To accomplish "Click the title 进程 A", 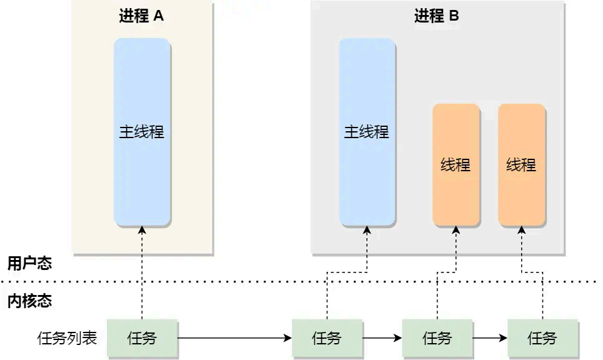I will point(141,16).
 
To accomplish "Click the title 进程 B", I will point(436,16).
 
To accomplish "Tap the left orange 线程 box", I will point(456,165).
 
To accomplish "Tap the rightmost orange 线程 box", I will point(522,165).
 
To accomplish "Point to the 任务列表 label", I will point(67,339).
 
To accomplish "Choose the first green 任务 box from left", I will point(142,339).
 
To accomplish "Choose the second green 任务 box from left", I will point(327,339).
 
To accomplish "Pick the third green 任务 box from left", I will point(437,339).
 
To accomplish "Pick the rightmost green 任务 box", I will point(542,339).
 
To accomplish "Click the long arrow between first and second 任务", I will point(235,339).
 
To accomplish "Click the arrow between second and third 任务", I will point(382,339).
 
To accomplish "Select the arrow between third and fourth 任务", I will point(490,339).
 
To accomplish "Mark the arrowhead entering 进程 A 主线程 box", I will point(142,230).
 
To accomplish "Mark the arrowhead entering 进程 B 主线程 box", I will point(367,230).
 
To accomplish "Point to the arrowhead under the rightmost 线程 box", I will point(522,230).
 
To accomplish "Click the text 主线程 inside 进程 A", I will point(142,132).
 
